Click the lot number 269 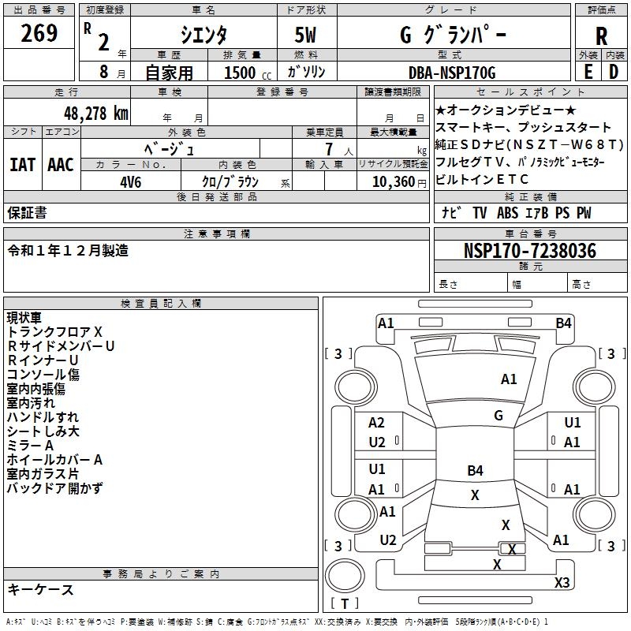click(x=39, y=33)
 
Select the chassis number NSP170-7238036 click(x=529, y=251)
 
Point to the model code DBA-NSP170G click(x=452, y=72)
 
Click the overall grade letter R click(x=601, y=35)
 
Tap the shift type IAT click(x=22, y=165)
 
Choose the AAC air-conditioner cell click(x=60, y=165)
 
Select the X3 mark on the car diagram click(x=562, y=582)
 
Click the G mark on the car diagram click(x=498, y=415)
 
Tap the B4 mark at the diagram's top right click(x=563, y=323)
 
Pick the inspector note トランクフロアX click(x=55, y=331)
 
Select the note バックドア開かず click(x=54, y=488)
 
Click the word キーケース click(x=41, y=589)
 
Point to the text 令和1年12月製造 click(x=68, y=250)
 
